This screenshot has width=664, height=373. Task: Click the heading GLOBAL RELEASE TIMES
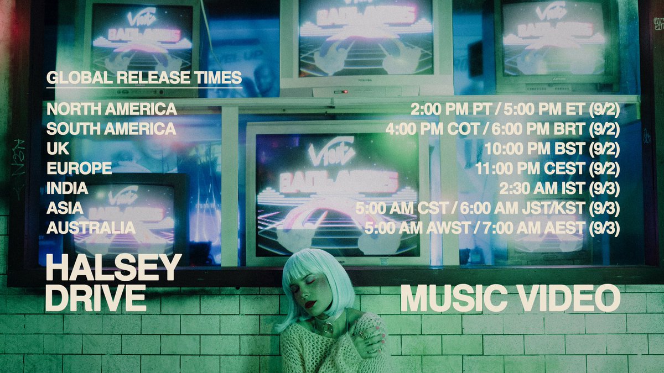(144, 77)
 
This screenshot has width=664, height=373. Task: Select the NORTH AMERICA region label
(112, 109)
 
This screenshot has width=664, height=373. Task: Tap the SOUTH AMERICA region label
(111, 129)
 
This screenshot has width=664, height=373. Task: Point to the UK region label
(58, 149)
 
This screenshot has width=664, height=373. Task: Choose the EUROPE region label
(79, 168)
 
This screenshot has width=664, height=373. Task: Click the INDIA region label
(68, 188)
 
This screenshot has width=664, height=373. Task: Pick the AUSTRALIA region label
(91, 228)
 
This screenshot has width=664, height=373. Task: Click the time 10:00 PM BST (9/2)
(552, 149)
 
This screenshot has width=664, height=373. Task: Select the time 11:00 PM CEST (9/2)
(547, 168)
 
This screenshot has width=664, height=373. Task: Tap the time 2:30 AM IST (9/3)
(559, 188)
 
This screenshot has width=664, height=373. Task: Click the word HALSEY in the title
(113, 268)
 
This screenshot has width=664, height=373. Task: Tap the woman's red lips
(310, 304)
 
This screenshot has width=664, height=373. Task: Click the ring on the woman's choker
(329, 328)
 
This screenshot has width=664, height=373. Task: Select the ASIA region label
(65, 208)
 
